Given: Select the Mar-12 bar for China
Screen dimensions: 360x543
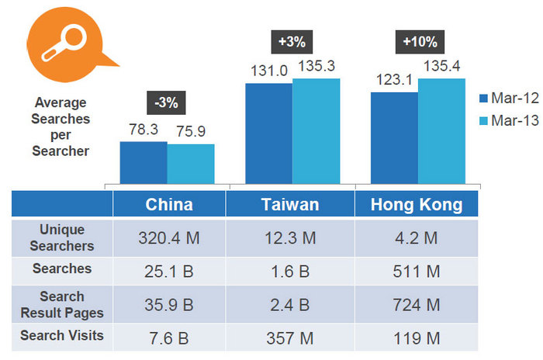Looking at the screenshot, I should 144,163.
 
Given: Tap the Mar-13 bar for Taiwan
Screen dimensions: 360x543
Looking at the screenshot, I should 316,132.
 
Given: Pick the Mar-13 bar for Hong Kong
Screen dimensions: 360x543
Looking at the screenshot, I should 441,132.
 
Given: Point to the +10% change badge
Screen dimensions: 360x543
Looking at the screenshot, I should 419,41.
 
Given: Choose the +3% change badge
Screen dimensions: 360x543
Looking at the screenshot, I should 292,41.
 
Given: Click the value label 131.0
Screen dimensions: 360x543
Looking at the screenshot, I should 269,71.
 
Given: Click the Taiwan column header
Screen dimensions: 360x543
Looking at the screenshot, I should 290,204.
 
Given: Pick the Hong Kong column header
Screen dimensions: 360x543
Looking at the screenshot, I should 417,204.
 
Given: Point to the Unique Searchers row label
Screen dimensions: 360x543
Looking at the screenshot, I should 63,237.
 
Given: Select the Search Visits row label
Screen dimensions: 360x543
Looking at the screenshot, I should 63,336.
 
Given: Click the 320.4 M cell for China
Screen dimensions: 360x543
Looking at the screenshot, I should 169,238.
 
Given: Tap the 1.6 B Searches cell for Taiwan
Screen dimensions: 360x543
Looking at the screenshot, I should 291,271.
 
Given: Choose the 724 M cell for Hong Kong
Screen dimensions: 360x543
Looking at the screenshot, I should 417,304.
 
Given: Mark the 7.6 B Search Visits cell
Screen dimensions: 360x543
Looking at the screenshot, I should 169,337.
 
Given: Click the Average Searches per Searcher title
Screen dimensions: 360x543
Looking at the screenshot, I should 61,126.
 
